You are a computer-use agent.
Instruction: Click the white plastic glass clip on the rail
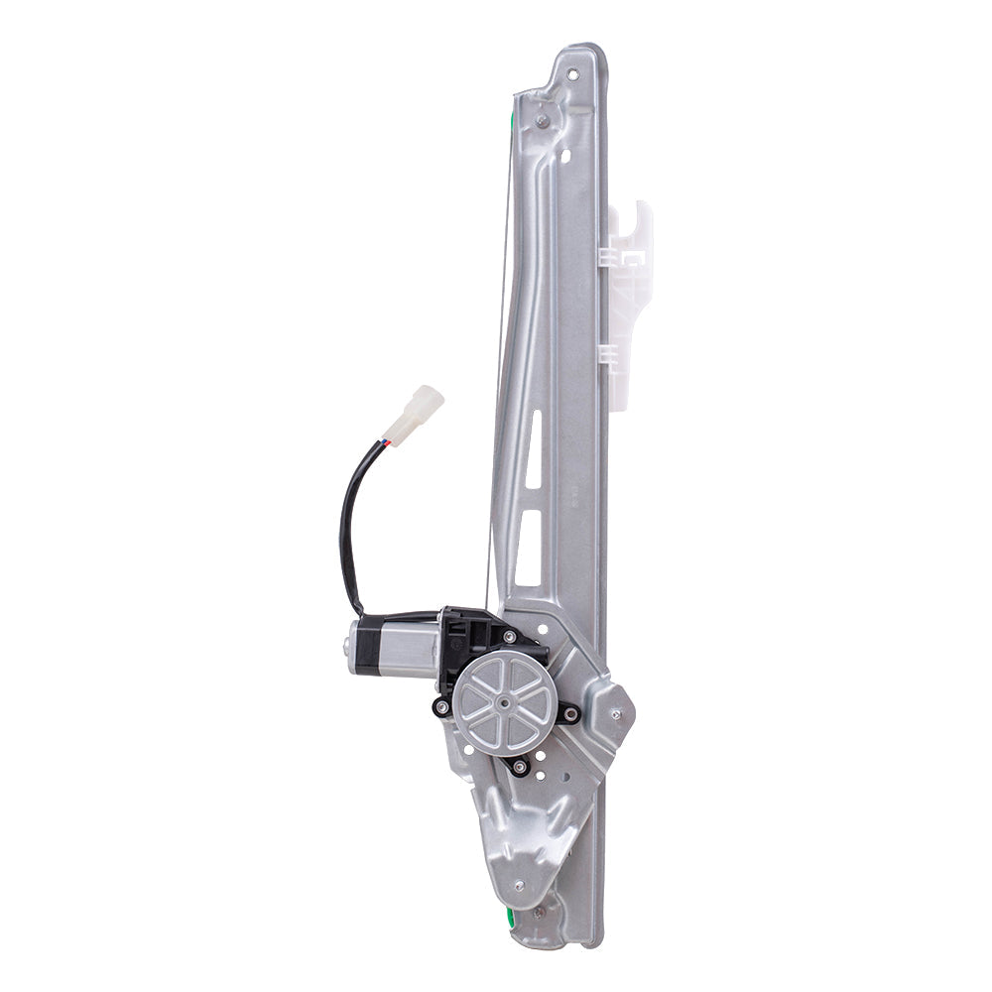629,298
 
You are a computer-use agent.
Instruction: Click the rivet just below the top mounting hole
542,122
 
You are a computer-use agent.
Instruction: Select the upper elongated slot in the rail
535,448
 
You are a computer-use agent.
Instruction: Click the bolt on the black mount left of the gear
442,707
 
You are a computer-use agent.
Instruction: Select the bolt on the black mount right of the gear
569,712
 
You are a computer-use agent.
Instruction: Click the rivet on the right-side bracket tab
616,713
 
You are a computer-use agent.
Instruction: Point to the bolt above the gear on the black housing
509,637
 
